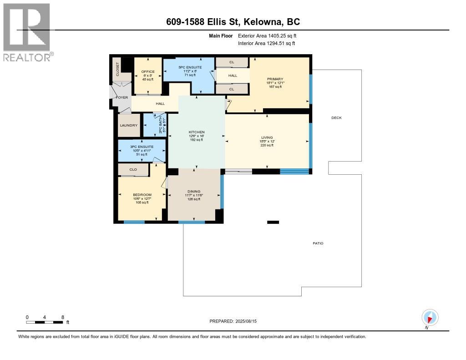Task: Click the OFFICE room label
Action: coord(148,71)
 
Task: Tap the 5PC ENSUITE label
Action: coord(188,67)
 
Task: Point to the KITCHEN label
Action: coord(197,132)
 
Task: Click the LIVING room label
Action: coord(267,137)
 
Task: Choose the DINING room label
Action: coord(194,192)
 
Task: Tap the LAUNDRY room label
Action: coord(129,126)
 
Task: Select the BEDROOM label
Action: coord(142,195)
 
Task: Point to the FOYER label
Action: coord(122,97)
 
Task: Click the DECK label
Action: coord(336,118)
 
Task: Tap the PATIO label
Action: coord(318,243)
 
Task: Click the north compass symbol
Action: coord(430,318)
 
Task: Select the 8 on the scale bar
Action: coord(62,317)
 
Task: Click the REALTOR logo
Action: coord(27,32)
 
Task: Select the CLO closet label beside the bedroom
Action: coord(133,170)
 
